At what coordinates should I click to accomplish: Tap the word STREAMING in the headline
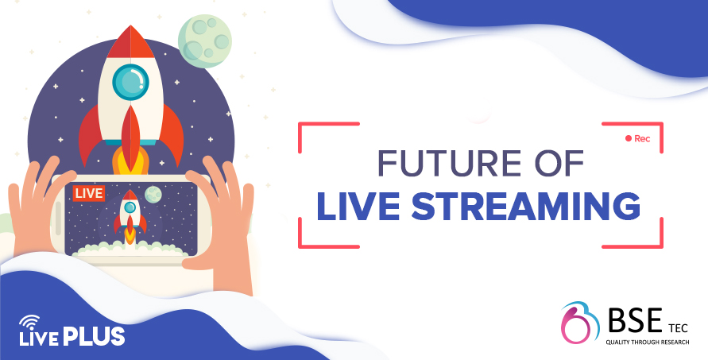click(x=525, y=207)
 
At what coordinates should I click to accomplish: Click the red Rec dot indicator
click(x=628, y=138)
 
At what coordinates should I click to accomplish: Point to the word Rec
click(x=642, y=138)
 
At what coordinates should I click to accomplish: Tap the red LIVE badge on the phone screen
click(x=89, y=193)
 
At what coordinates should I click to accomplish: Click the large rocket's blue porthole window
click(x=130, y=82)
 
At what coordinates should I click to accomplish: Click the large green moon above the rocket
click(x=204, y=41)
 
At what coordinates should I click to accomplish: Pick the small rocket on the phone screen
click(x=130, y=216)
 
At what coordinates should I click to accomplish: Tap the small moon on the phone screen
click(x=153, y=194)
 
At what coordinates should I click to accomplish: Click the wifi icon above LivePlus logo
click(x=29, y=321)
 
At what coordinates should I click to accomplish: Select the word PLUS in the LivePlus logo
click(x=94, y=336)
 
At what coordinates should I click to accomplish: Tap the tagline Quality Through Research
click(x=648, y=342)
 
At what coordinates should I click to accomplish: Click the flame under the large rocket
click(x=130, y=161)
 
